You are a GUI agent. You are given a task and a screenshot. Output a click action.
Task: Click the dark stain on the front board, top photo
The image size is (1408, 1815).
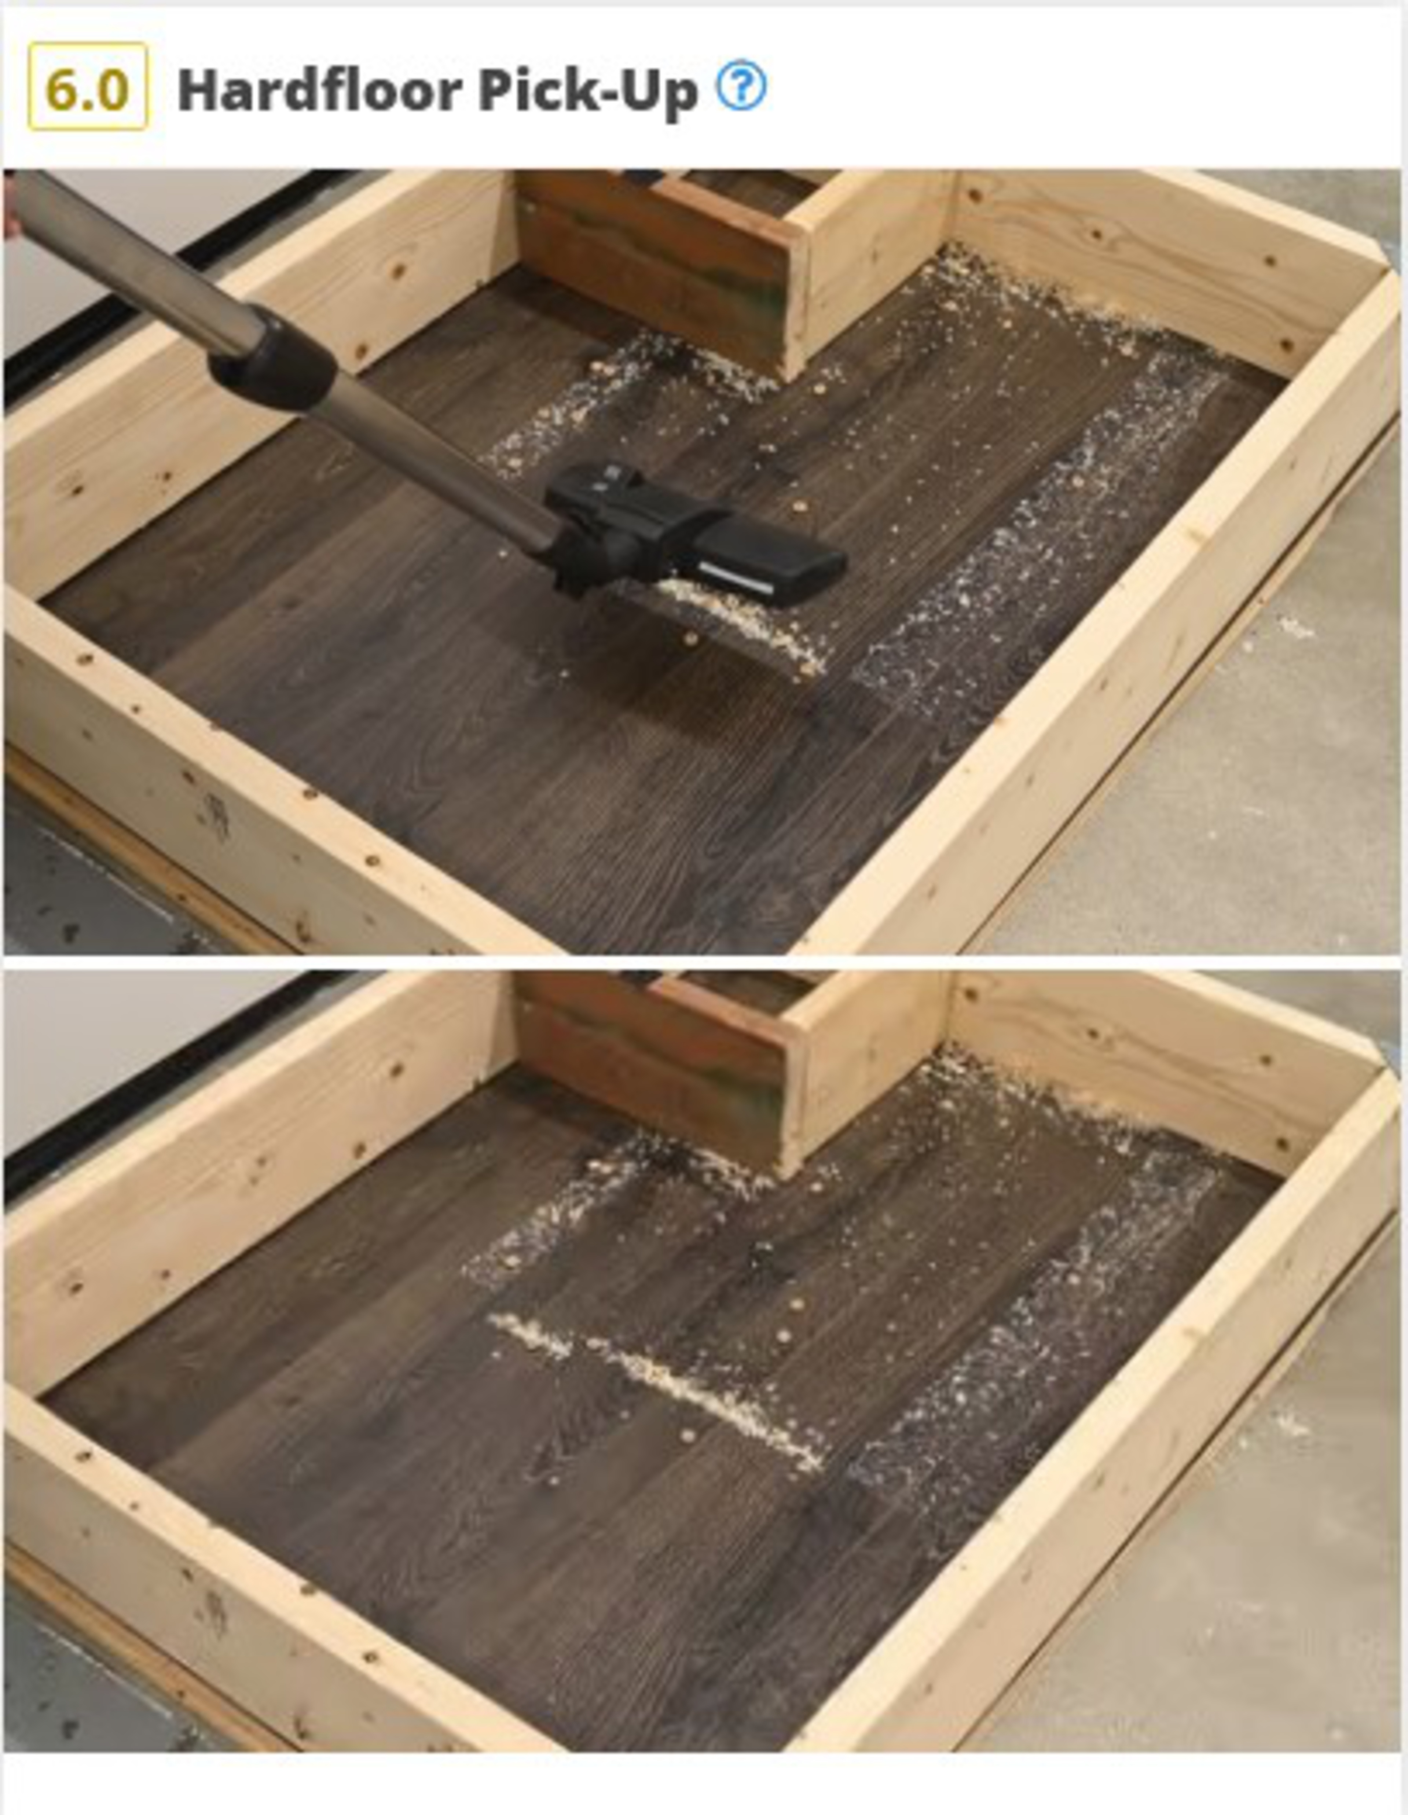pos(214,815)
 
